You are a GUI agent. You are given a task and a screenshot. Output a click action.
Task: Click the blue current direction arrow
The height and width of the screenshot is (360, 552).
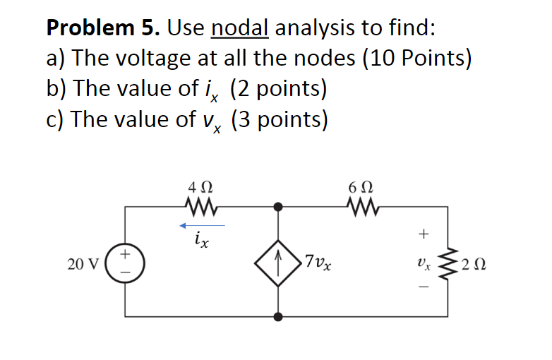[202, 226]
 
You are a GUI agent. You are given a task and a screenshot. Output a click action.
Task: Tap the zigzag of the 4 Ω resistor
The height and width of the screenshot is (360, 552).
[200, 207]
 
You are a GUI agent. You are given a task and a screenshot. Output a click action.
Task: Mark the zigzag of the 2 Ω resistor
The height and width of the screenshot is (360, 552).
[448, 265]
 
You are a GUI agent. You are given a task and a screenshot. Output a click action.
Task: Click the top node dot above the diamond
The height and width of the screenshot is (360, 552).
[279, 207]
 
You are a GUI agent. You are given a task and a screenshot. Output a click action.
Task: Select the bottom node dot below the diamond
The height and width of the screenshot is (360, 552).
[279, 316]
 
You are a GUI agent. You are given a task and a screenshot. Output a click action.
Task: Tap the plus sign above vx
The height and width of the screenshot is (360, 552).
[424, 232]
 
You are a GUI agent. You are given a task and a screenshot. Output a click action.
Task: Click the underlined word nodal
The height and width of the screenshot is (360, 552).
[240, 28]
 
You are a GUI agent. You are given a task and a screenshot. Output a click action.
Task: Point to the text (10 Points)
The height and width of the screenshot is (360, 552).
[416, 59]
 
